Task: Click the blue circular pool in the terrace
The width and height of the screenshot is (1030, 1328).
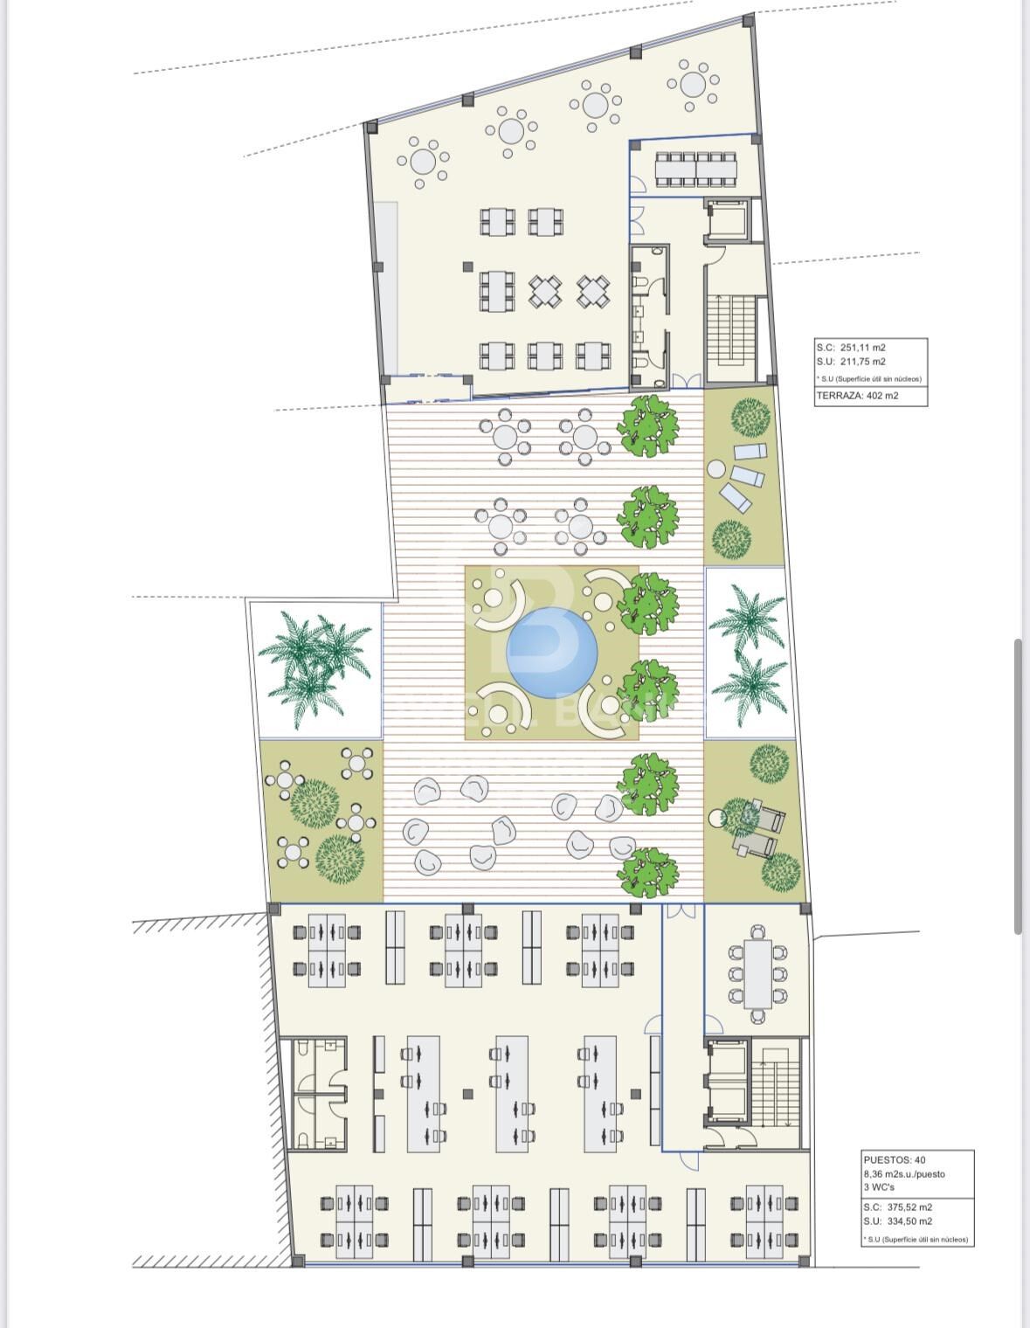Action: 553,652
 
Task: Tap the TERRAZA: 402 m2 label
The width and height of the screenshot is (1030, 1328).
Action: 857,396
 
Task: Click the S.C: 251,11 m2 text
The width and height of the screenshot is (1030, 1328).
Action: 851,348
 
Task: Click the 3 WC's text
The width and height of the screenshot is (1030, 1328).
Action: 880,1187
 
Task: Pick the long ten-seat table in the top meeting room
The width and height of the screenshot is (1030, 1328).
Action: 696,169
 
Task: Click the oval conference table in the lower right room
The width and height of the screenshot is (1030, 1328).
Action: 757,972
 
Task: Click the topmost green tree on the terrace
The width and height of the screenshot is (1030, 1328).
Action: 647,425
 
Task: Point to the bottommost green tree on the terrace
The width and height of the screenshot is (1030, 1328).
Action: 647,872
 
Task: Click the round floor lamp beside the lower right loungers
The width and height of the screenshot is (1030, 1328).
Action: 717,819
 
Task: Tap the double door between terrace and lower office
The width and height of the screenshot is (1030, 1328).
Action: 681,911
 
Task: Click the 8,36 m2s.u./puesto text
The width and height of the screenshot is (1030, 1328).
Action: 904,1174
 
